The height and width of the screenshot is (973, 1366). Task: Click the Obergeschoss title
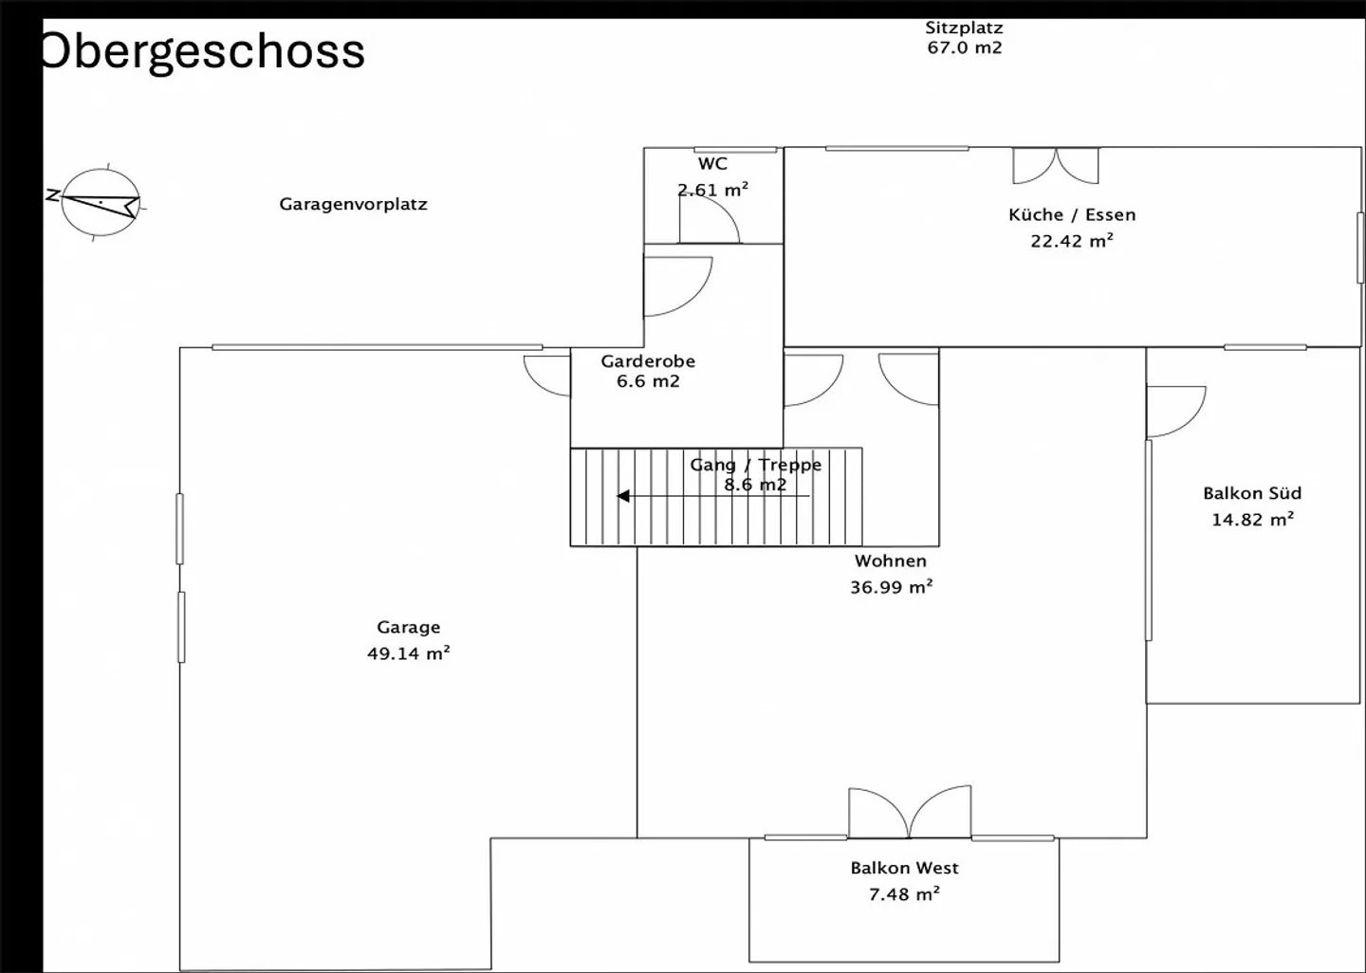tap(204, 51)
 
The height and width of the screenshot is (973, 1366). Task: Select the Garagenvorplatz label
tap(353, 204)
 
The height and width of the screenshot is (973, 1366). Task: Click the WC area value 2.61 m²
tap(713, 190)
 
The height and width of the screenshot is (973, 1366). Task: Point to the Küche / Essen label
tap(1072, 214)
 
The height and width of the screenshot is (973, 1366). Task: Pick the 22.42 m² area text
tap(1072, 241)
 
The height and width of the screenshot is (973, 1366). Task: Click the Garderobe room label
tap(648, 361)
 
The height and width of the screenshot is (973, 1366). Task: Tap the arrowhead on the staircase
tap(622, 496)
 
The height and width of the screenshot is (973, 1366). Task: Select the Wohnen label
tap(891, 560)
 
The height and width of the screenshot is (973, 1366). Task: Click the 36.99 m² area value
tap(892, 586)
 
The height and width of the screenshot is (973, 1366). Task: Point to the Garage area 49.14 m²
tap(409, 652)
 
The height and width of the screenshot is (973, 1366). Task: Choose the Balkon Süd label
tap(1252, 492)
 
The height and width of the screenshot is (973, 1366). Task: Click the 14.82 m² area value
tap(1252, 519)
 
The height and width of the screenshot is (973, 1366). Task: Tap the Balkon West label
tap(904, 868)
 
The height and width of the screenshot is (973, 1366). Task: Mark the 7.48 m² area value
tap(904, 893)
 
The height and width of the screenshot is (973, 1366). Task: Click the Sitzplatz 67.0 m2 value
tap(965, 47)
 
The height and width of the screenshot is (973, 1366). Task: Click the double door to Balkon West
tap(910, 812)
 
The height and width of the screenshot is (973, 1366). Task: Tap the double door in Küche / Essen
tap(1056, 166)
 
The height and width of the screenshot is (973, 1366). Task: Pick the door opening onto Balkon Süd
tap(1175, 412)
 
